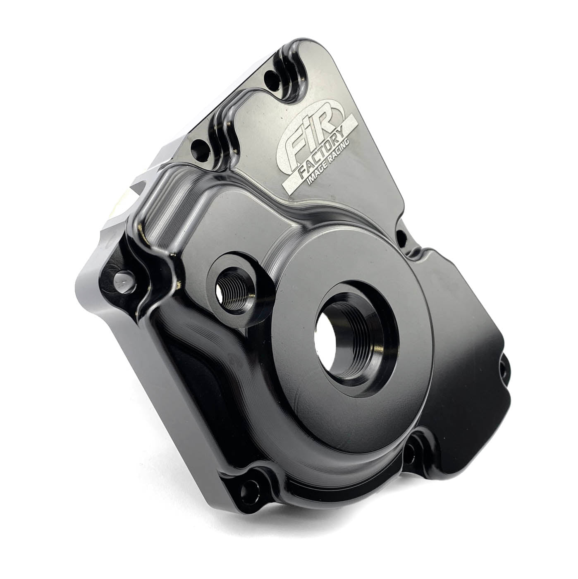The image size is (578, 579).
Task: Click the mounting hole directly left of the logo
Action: coord(200,146)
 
